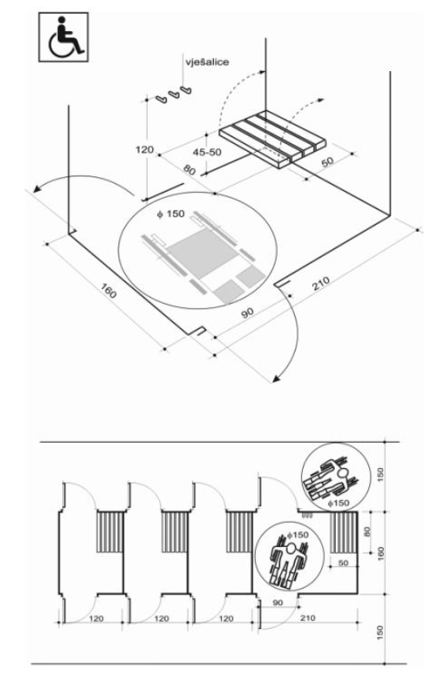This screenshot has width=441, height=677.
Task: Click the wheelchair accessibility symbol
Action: pos(64,37)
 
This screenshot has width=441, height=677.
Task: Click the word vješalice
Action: pos(207,62)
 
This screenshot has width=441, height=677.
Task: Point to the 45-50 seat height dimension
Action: pos(207,152)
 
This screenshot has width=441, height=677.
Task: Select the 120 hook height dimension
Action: pos(145,149)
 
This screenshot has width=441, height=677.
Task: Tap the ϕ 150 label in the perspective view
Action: pos(171,214)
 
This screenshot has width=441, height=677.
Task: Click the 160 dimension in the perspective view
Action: pos(109,291)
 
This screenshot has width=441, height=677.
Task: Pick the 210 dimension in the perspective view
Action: pos(320,283)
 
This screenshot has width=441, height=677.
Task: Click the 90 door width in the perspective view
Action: pos(247,313)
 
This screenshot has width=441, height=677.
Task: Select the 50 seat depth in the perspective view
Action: pos(327,162)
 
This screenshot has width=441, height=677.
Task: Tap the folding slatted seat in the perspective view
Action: pos(272,139)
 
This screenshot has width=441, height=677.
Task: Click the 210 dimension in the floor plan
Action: pos(308,618)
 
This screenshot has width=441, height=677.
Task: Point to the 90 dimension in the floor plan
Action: pos(278,603)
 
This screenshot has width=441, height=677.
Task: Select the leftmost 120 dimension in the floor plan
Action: pos(96,618)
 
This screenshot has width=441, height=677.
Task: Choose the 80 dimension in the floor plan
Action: pos(367,531)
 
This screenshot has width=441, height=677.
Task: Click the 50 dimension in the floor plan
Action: pos(343,563)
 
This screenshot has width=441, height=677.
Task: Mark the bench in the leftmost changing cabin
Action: pos(109,532)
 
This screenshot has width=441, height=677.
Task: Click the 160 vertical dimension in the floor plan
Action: pos(381,553)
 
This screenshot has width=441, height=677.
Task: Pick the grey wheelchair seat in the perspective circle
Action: pos(203,252)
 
